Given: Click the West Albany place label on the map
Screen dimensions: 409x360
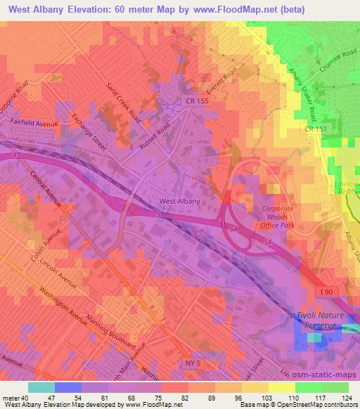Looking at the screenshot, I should point(181,201).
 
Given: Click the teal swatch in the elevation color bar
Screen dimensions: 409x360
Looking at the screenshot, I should point(41,387).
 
